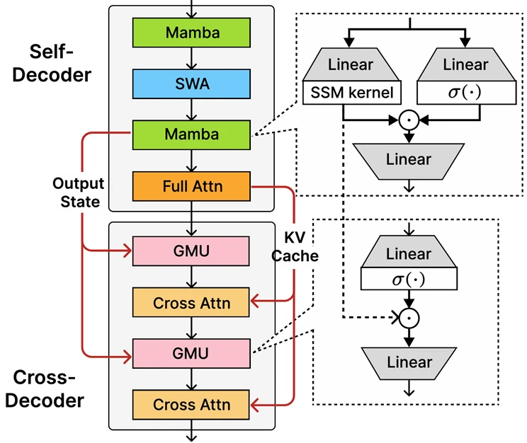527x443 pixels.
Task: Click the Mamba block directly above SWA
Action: (x=192, y=33)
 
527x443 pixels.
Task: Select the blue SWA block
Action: (x=192, y=84)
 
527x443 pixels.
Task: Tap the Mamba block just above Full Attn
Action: (x=192, y=134)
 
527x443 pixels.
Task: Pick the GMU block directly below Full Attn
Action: (x=192, y=251)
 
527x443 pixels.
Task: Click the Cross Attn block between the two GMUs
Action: (x=192, y=303)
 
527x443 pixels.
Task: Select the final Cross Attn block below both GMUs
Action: (x=192, y=405)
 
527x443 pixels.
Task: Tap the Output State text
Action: (x=78, y=192)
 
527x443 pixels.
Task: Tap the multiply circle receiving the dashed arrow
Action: (x=407, y=319)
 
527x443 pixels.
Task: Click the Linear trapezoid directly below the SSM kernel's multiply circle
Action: (x=408, y=159)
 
